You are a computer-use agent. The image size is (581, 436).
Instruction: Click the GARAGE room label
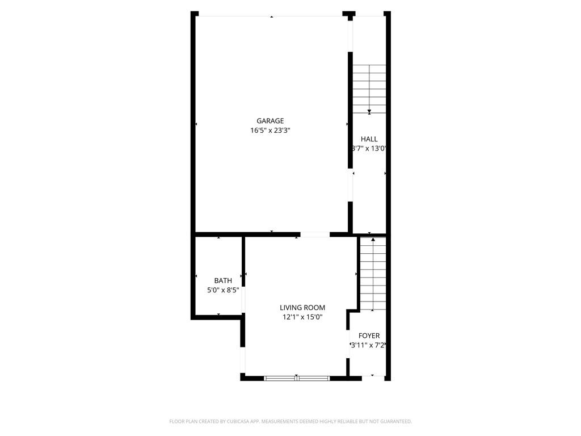pyautogui.click(x=270, y=121)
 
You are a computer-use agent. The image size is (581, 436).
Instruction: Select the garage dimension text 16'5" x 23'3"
pyautogui.click(x=270, y=131)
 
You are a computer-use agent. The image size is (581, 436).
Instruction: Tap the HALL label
pyautogui.click(x=369, y=139)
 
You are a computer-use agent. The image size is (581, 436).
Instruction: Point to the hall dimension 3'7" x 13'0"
pyautogui.click(x=369, y=149)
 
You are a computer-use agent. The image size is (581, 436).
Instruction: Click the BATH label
pyautogui.click(x=223, y=280)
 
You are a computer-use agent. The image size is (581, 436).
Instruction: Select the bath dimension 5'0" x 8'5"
pyautogui.click(x=223, y=290)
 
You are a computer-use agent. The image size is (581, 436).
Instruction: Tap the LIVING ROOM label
pyautogui.click(x=302, y=308)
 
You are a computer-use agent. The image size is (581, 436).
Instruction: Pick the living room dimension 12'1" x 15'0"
pyautogui.click(x=302, y=317)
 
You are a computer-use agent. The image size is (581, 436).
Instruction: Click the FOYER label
pyautogui.click(x=369, y=336)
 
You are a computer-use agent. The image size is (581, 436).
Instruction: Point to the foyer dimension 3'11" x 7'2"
pyautogui.click(x=369, y=345)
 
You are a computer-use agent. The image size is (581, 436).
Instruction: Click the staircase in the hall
pyautogui.click(x=369, y=88)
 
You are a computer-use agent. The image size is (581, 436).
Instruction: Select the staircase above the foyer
pyautogui.click(x=373, y=274)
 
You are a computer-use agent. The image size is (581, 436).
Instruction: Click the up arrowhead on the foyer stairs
pyautogui.click(x=373, y=241)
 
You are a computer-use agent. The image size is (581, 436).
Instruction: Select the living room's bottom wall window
pyautogui.click(x=297, y=377)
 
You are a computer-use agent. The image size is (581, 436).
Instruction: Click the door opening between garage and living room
pyautogui.click(x=315, y=234)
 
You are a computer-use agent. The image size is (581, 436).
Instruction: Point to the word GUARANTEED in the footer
pyautogui.click(x=394, y=421)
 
